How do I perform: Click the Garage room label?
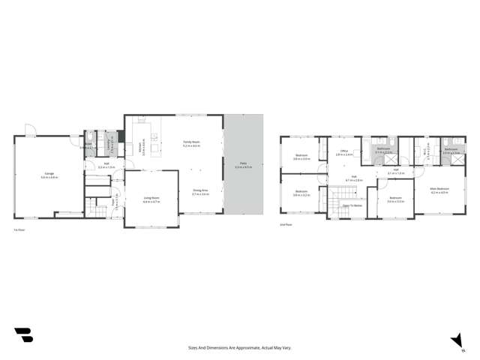point(49,175)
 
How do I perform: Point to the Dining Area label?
point(199,192)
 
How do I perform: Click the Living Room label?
point(151,200)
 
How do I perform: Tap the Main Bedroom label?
point(439,190)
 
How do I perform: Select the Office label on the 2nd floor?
point(344,152)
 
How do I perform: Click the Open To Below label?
point(352,205)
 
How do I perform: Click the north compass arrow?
point(455,340)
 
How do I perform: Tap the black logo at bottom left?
point(23,335)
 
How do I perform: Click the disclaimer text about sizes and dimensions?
point(239,347)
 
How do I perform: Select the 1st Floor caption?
point(20,229)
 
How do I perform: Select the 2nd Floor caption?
point(284,223)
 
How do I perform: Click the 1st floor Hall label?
point(104,166)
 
